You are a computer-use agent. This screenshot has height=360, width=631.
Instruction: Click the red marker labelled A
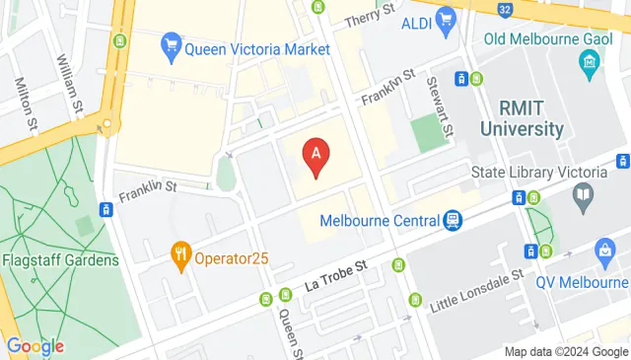coord(315,156)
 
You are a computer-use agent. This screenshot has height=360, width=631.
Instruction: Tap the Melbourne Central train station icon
coord(453,219)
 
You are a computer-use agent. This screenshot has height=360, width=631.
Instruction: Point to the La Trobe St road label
coord(334,270)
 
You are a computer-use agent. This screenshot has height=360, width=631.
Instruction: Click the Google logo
coord(35,346)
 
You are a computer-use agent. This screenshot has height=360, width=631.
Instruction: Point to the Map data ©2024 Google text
coord(565,351)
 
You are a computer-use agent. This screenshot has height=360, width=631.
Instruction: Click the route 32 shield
coord(505,10)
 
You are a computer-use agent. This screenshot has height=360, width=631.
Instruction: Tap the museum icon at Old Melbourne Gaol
coord(590,64)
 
